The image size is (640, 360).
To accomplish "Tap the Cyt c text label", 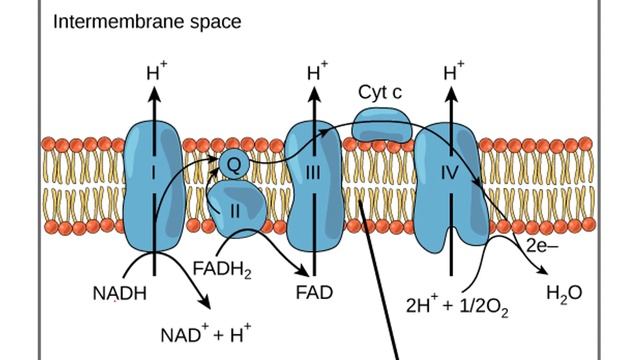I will point(380,92).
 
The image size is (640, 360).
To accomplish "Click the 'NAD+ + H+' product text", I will point(206,333).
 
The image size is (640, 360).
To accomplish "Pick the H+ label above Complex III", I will point(316,72).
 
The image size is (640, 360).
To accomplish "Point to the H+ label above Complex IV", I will point(454,72).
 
